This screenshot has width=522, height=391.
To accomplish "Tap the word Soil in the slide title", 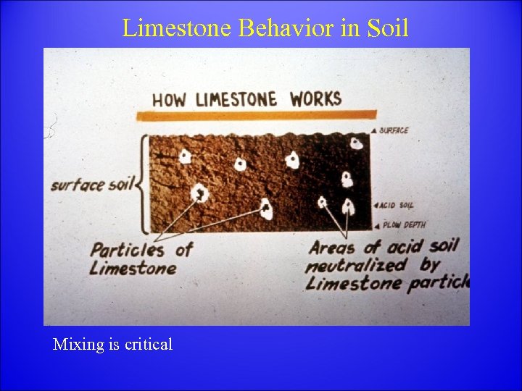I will coord(387,28).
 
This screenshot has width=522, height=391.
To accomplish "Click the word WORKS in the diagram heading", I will coord(315,98).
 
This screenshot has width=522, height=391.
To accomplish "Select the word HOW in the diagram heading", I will coord(168,100).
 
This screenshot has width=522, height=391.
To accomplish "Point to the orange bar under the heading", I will coord(257,115).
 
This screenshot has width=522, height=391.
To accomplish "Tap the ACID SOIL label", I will coord(397,206).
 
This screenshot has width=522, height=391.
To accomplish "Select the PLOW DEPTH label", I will coord(404,224).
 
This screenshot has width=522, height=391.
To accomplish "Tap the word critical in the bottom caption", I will coord(149,345).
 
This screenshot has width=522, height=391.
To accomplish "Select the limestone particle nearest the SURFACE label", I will coord(356,142).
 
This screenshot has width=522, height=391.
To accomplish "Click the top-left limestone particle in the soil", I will coord(185,156).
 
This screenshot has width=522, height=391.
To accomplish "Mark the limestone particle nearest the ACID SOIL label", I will coord(349,206).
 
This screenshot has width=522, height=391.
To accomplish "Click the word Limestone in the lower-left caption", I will coord(133,269).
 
